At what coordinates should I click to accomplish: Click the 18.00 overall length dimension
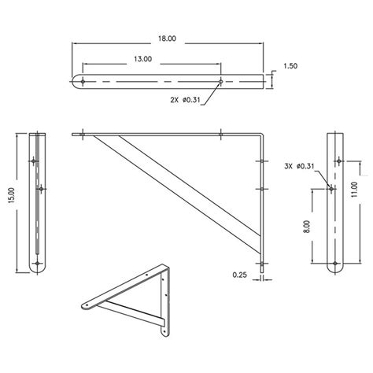[x=166, y=36]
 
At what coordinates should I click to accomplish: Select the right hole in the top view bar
[x=221, y=81]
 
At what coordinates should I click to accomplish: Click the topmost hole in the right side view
[x=338, y=161]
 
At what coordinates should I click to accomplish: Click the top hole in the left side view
[x=36, y=161]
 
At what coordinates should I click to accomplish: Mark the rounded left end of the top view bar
[x=76, y=81]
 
